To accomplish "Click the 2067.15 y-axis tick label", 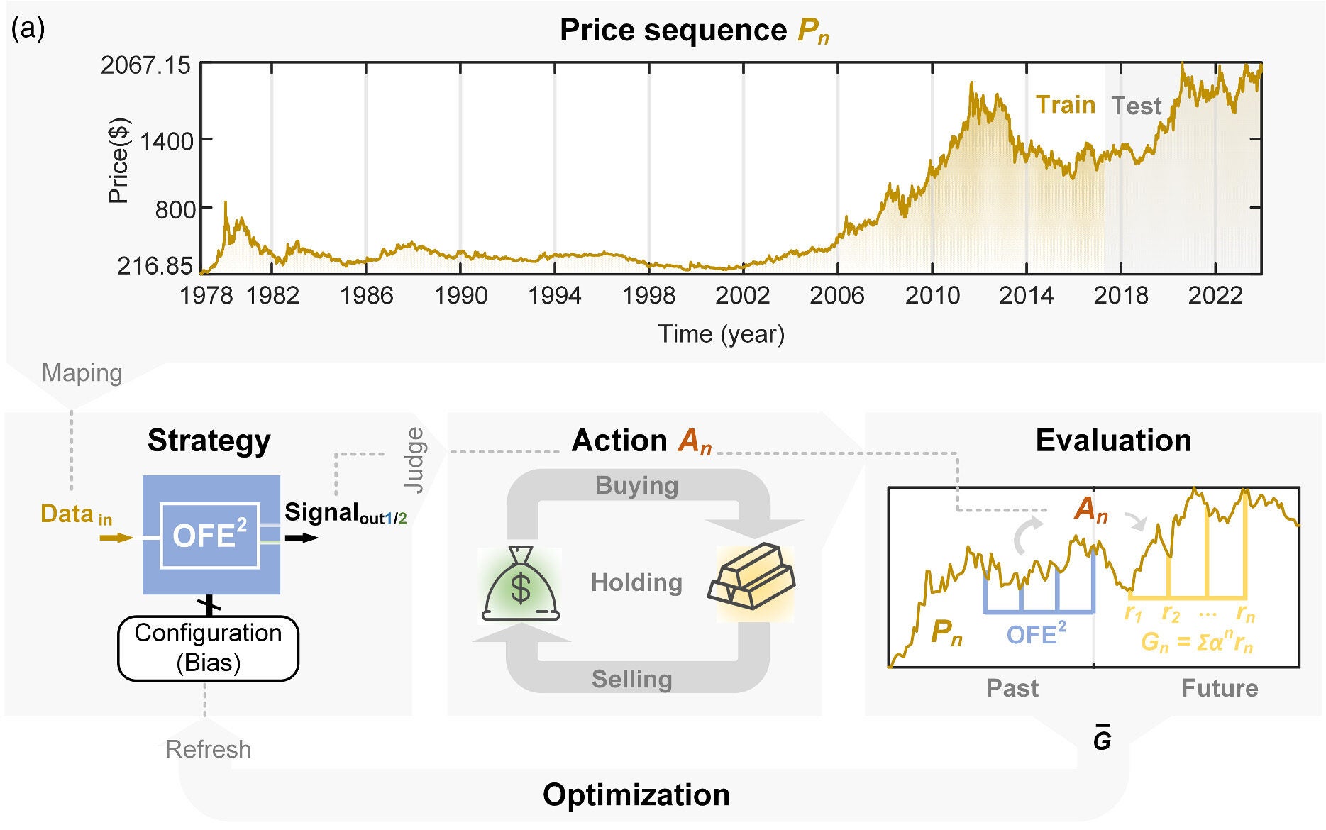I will coord(145,65).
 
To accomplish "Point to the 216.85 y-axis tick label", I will coord(154,266).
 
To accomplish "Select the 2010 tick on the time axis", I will coord(932,295).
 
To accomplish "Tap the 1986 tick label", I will coord(366,295).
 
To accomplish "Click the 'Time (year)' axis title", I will coord(721,333).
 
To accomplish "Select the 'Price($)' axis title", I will coord(118,161).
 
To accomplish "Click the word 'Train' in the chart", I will coord(1065,105).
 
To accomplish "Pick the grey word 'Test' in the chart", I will coord(1136,106).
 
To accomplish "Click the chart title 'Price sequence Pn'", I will coord(693,31).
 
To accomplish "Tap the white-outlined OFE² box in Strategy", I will coord(209,535).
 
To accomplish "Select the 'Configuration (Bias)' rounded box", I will coord(208,648).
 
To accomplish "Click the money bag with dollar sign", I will coord(521,585).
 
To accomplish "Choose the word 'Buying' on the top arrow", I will coord(636,485).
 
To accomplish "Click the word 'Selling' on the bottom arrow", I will coord(631,679).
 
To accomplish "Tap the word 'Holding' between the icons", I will coord(636,582).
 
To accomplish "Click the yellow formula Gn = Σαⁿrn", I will coord(1196,642).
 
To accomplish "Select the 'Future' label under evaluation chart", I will coord(1219,688).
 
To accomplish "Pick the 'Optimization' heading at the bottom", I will coord(636,795).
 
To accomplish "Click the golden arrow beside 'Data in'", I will coord(116,538).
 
